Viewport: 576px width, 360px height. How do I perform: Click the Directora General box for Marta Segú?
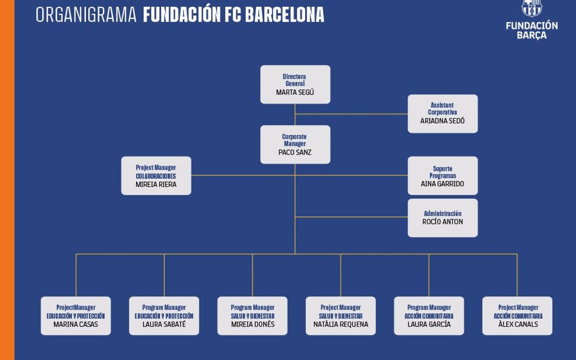(x=295, y=84)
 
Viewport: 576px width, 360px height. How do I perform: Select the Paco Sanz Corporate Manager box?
(x=295, y=144)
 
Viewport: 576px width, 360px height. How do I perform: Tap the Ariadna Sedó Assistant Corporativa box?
(x=443, y=114)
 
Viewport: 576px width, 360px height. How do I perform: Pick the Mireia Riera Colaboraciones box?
(x=156, y=176)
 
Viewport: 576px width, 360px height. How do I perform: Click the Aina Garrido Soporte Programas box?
(x=443, y=176)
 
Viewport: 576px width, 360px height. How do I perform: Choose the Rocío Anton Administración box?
(x=443, y=218)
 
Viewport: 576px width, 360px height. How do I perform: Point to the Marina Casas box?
(x=76, y=316)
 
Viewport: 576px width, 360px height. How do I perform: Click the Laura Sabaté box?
(x=164, y=316)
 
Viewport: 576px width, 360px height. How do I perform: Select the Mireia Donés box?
(x=252, y=316)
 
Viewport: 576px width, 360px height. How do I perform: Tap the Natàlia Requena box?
(x=341, y=316)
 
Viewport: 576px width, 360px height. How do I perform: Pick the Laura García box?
(x=429, y=316)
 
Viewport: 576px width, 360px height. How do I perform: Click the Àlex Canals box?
(x=517, y=316)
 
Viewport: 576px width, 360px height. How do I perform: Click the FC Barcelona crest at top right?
(x=531, y=8)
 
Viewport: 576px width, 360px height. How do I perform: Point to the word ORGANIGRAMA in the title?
(x=86, y=15)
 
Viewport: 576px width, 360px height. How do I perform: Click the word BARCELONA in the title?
(x=285, y=15)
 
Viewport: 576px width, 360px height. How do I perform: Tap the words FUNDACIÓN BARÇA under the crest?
(x=532, y=30)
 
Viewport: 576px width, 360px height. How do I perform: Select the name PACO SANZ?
(x=295, y=153)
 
